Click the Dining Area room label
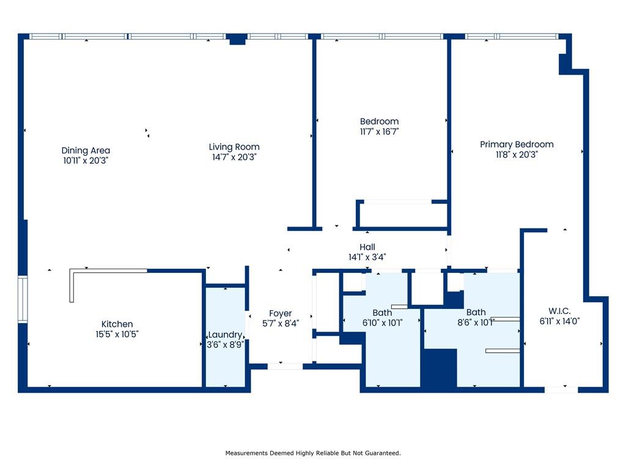[86, 150]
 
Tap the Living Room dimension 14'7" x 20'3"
[234, 157]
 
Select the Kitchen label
[117, 324]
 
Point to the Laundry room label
[225, 335]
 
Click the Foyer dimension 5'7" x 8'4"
[280, 324]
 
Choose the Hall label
[367, 247]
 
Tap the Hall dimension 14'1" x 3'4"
[367, 257]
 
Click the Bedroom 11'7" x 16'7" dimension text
[379, 132]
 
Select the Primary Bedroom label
[517, 144]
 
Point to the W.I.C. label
[559, 311]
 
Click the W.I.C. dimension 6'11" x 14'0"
[559, 321]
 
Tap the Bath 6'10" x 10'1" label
[382, 313]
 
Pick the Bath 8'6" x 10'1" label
[476, 312]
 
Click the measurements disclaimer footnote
[313, 453]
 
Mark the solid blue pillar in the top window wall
[237, 38]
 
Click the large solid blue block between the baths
[440, 368]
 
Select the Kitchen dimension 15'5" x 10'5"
[117, 334]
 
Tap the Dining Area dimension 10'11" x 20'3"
[86, 161]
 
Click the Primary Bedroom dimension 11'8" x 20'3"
[517, 155]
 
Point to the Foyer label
[280, 313]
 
